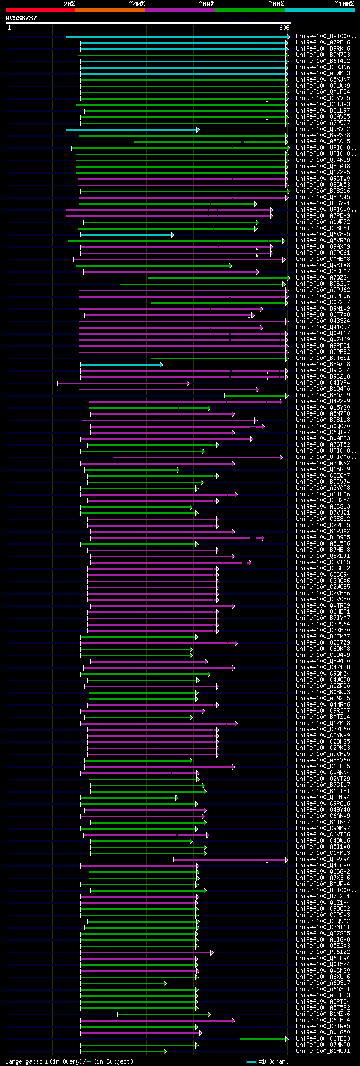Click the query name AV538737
coord(21,18)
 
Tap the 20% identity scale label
coord(69,4)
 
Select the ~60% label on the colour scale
coord(206,4)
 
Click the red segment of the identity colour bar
coord(40,10)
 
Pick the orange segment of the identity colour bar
coord(110,10)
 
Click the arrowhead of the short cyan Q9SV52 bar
coord(197,129)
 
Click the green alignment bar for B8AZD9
coord(256,395)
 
